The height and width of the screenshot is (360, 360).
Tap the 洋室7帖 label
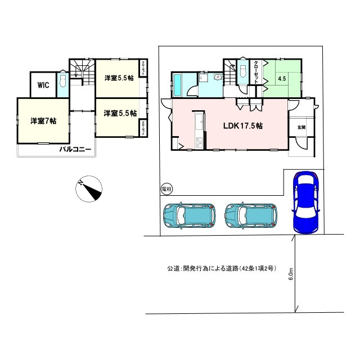pyautogui.click(x=43, y=120)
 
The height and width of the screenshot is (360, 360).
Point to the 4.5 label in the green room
pyautogui.click(x=282, y=79)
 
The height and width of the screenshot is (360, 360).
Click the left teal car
pyautogui.click(x=189, y=214)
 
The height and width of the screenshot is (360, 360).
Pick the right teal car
pyautogui.click(x=251, y=214)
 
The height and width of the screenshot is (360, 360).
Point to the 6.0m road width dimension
pyautogui.click(x=291, y=274)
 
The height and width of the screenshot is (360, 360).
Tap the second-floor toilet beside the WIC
pyautogui.click(x=62, y=83)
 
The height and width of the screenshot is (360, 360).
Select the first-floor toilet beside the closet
pyautogui.click(x=242, y=71)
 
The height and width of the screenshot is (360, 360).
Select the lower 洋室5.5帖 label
pyautogui.click(x=120, y=113)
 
